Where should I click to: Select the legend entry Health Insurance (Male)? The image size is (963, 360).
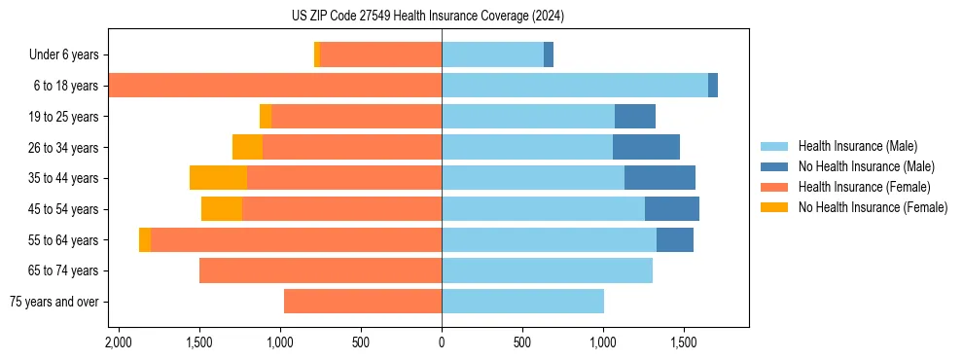857,146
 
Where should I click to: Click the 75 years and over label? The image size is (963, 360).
53,302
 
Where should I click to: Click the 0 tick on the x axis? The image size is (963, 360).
442,342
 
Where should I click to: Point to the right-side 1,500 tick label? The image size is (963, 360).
684,342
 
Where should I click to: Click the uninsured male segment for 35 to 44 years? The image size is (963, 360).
660,178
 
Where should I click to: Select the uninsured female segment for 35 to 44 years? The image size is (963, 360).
218,178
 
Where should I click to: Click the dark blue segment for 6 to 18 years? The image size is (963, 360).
713,86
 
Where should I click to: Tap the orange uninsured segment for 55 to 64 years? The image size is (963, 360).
145,239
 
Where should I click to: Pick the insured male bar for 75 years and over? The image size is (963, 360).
522,302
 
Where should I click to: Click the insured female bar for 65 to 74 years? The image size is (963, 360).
320,270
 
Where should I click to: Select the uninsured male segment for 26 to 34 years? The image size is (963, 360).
646,147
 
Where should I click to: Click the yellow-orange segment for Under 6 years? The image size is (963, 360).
317,55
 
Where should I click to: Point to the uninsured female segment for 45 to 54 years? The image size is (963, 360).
222,209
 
